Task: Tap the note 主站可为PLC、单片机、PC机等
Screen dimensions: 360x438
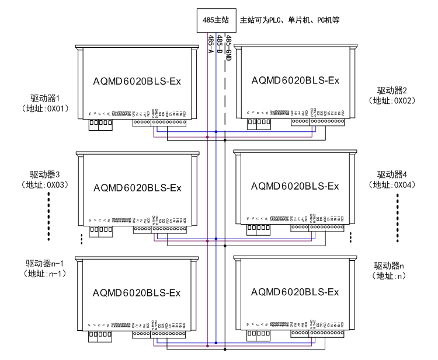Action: coord(290,20)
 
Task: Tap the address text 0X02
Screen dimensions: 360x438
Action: coord(404,100)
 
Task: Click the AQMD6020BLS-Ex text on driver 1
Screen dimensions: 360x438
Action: coord(138,81)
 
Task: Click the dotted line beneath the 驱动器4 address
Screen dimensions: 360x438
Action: coord(398,216)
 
